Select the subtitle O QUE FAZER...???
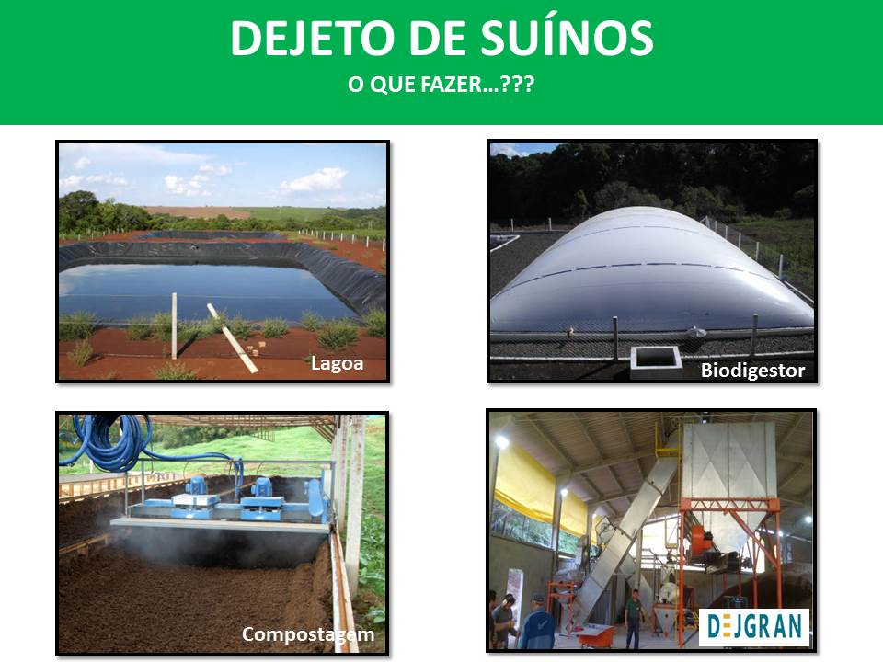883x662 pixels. point(441,85)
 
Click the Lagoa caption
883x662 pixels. point(338,364)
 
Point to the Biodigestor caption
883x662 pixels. point(753,371)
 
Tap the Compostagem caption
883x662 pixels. point(308,634)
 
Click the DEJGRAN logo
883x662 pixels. point(754,627)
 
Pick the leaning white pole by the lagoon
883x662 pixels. point(232,337)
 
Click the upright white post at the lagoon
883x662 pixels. point(174,325)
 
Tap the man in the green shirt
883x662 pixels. point(634,618)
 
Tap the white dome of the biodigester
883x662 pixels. point(650,270)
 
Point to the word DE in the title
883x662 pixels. point(439,38)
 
